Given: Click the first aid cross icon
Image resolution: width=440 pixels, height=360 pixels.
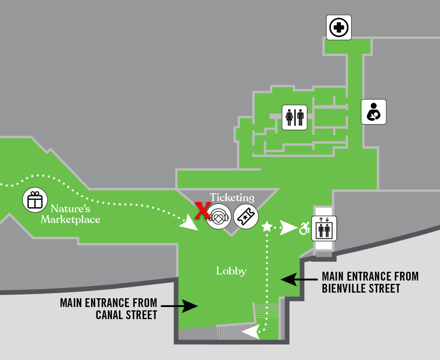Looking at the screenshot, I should pyautogui.click(x=339, y=27).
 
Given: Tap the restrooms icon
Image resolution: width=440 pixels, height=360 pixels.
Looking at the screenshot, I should pyautogui.click(x=295, y=117).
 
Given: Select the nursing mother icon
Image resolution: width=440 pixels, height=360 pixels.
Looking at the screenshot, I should pyautogui.click(x=374, y=112).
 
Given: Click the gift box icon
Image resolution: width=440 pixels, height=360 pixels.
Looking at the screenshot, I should pyautogui.click(x=35, y=200).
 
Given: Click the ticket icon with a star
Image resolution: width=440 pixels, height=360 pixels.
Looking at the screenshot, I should pyautogui.click(x=246, y=216).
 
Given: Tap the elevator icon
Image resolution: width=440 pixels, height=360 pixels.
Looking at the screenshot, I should pyautogui.click(x=324, y=228).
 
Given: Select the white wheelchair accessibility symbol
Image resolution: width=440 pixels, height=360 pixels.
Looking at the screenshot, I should pyautogui.click(x=304, y=228).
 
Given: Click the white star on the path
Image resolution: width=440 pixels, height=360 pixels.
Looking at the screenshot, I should pyautogui.click(x=267, y=227).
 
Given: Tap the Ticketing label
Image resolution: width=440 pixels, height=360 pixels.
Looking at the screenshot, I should pyautogui.click(x=232, y=198).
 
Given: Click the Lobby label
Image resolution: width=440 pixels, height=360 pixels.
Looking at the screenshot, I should pyautogui.click(x=231, y=271).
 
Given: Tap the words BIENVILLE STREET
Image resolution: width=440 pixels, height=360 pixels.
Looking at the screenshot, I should pyautogui.click(x=361, y=288).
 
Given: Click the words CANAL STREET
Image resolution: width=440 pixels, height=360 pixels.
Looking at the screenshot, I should pyautogui.click(x=126, y=315).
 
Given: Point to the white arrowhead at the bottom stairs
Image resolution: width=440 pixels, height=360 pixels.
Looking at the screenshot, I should pyautogui.click(x=250, y=332).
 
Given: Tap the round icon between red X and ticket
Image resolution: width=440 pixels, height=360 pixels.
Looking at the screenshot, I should pyautogui.click(x=219, y=216).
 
